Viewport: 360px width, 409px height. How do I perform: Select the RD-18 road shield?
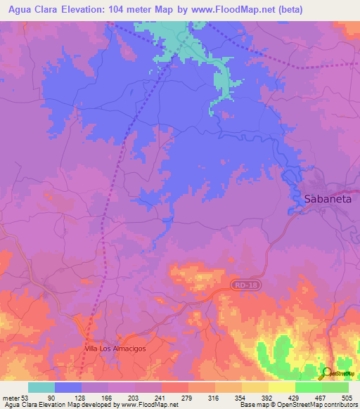[x=241, y=284]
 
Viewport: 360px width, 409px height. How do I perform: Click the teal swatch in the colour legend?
[x=41, y=387]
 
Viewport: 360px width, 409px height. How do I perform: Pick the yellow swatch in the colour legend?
[x=282, y=387]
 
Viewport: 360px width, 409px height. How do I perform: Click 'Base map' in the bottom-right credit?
[x=252, y=405]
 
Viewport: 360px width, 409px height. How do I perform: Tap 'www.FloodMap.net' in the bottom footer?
[x=145, y=405]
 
